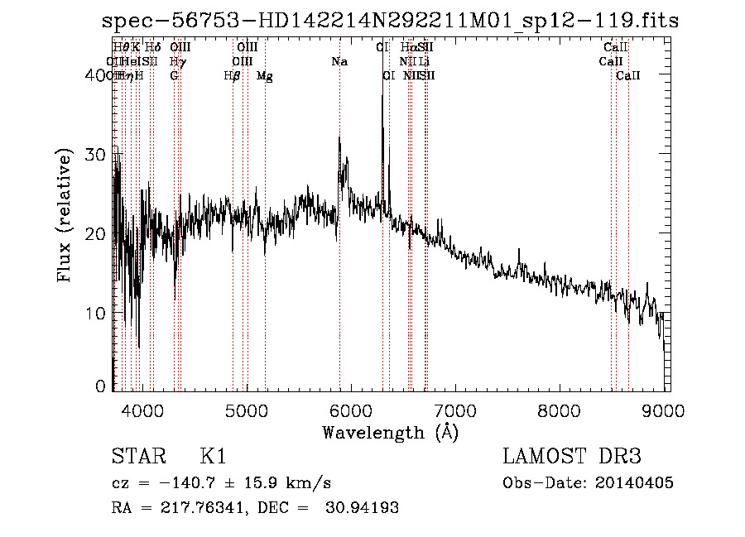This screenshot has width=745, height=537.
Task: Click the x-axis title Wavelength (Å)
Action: (390, 432)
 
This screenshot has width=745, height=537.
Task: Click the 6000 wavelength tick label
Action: (351, 410)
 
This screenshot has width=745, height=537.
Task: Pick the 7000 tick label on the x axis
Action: (455, 410)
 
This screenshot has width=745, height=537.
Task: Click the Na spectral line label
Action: (339, 62)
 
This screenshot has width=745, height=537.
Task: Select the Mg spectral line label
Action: (265, 76)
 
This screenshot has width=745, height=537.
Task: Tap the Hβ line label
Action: (233, 76)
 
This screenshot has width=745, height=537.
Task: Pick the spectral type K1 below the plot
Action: (213, 457)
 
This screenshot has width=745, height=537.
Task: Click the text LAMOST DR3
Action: (572, 457)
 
